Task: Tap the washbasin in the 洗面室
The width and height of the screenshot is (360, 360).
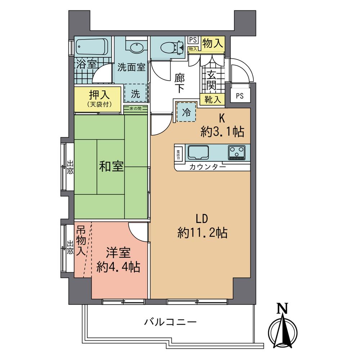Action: click(x=136, y=48)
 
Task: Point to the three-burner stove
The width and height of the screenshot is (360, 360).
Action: click(x=237, y=152)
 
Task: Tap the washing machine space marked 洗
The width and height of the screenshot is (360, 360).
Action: click(x=135, y=94)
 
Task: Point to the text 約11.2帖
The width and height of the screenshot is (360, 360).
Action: click(x=202, y=233)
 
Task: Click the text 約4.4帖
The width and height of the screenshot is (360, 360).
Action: click(x=118, y=267)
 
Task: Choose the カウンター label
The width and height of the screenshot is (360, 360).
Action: click(x=208, y=167)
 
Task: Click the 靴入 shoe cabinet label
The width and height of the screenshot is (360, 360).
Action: click(x=212, y=99)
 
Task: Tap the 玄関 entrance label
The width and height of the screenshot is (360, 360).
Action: click(x=211, y=80)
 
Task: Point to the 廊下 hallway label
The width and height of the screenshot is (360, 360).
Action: click(x=180, y=82)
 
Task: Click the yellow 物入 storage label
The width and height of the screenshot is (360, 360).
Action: click(x=213, y=44)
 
